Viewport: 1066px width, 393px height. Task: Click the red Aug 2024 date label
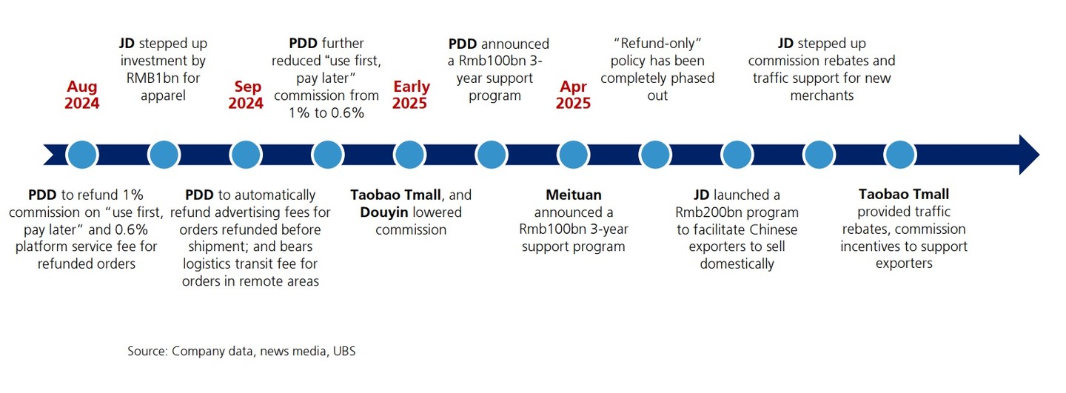pos(82,95)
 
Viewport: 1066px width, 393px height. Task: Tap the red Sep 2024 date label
pos(246,95)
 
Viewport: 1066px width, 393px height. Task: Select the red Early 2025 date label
pos(411,95)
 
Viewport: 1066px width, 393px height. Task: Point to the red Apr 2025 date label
pos(573,95)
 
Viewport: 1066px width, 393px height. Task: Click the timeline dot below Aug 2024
pos(82,155)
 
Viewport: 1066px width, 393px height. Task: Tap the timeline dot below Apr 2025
pos(573,155)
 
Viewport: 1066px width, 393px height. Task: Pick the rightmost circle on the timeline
pos(900,155)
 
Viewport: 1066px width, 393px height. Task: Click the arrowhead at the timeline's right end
pos(1029,155)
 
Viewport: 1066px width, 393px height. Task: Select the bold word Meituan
pos(574,195)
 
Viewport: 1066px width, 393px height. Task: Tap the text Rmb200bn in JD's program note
pos(706,212)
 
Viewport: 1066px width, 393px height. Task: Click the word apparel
pos(163,95)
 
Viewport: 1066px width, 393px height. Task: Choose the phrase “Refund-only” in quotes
pos(657,43)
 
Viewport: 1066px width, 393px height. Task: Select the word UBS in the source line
pos(344,351)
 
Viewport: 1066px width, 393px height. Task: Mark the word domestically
pos(737,264)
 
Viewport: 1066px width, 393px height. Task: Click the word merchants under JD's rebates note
pos(822,95)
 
